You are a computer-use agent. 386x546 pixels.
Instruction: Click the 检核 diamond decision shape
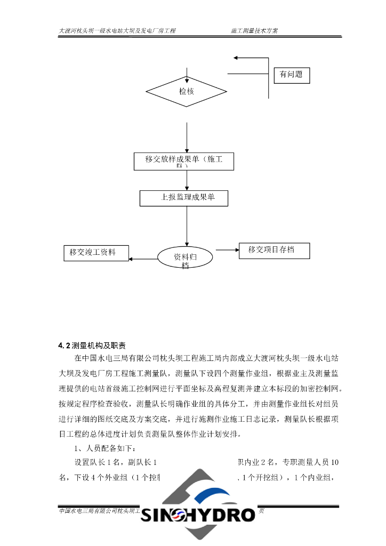click(187, 92)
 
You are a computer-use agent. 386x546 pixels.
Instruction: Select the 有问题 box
click(291, 75)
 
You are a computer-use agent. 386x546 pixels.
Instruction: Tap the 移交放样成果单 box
click(184, 161)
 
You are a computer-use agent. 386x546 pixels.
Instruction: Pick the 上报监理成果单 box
click(184, 198)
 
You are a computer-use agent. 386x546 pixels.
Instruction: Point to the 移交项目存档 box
click(274, 250)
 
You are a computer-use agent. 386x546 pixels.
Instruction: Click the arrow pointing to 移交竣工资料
click(144, 260)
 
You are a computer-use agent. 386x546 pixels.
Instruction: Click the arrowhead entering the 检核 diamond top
click(187, 75)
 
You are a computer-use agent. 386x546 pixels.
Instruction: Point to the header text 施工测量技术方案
click(254, 31)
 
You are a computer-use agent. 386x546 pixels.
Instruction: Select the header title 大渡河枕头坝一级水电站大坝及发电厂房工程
click(117, 31)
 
